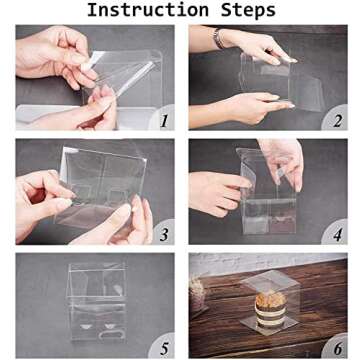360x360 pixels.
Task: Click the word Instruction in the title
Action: (x=148, y=10)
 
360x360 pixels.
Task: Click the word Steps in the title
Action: (x=248, y=11)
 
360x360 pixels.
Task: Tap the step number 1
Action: (x=163, y=121)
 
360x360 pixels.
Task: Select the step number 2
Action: (x=337, y=121)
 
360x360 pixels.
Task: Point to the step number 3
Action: (x=164, y=235)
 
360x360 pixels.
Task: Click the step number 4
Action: (x=338, y=235)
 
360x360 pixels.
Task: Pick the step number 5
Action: (x=164, y=349)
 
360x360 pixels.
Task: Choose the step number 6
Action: (x=338, y=349)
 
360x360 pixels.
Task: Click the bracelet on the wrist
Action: (x=218, y=38)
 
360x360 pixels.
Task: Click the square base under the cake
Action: (x=269, y=324)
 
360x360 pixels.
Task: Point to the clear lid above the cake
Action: (x=269, y=281)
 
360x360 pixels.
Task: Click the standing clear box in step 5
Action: (x=97, y=302)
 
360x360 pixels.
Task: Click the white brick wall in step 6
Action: (x=268, y=262)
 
